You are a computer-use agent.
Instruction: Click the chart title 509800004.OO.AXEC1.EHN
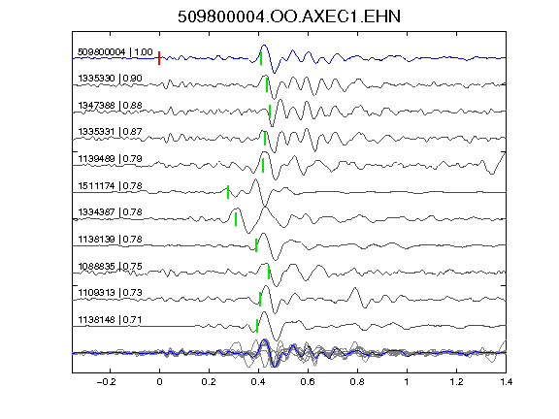point(289,16)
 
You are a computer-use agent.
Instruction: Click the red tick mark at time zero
point(159,58)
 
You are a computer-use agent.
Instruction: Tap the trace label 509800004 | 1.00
point(115,52)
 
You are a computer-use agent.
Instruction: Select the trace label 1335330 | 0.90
point(111,78)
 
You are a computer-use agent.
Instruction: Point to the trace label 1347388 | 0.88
point(111,106)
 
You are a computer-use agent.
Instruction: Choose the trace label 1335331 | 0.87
point(111,132)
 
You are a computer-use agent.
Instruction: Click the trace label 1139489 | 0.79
point(111,158)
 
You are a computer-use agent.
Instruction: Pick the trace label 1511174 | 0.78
point(111,186)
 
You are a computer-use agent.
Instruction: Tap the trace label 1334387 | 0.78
point(111,212)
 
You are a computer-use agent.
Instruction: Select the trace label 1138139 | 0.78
point(111,239)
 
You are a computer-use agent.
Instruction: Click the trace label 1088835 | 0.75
point(111,267)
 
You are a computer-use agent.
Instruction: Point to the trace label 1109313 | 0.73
point(111,293)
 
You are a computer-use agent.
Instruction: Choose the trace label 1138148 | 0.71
point(111,320)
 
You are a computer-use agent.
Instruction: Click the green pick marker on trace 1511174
point(228,192)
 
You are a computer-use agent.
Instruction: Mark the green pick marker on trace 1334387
point(236,219)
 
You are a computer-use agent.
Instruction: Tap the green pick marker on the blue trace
point(261,58)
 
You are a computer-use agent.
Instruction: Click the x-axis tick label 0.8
point(357,382)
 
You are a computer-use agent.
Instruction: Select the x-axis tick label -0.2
point(107,382)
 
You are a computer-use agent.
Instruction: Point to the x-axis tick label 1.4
point(507,382)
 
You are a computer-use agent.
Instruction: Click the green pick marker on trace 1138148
point(257,326)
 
